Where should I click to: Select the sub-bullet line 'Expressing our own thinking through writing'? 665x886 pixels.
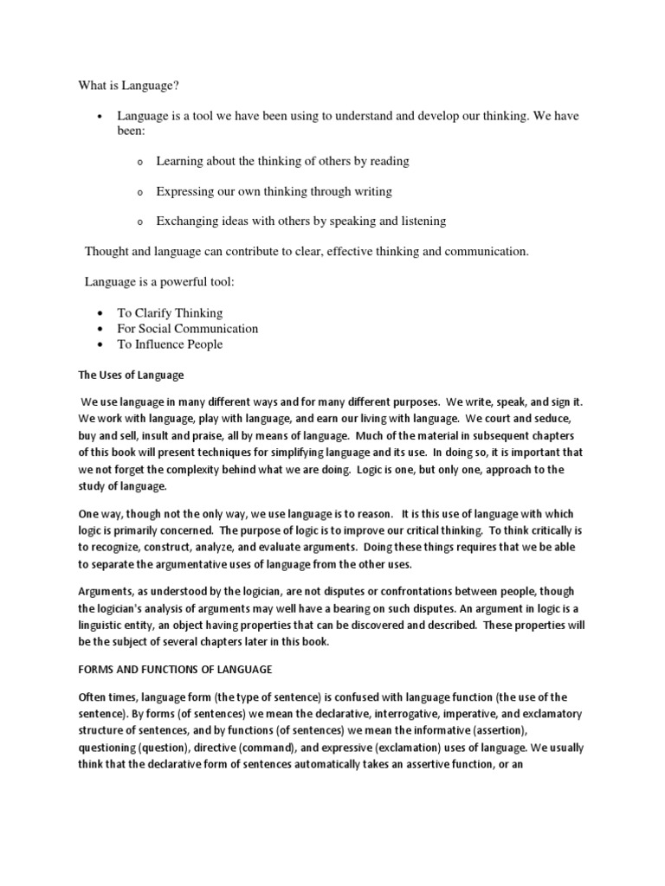(274, 191)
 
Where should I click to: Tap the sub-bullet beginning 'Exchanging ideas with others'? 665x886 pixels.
(300, 221)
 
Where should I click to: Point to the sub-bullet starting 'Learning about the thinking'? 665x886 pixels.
(282, 161)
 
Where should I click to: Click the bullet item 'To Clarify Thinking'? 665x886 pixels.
(170, 313)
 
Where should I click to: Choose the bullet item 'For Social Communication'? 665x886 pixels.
(188, 329)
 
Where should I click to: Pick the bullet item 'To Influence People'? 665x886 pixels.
(170, 344)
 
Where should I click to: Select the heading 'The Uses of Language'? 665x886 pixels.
(132, 376)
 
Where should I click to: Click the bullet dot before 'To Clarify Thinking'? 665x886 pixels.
(101, 313)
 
